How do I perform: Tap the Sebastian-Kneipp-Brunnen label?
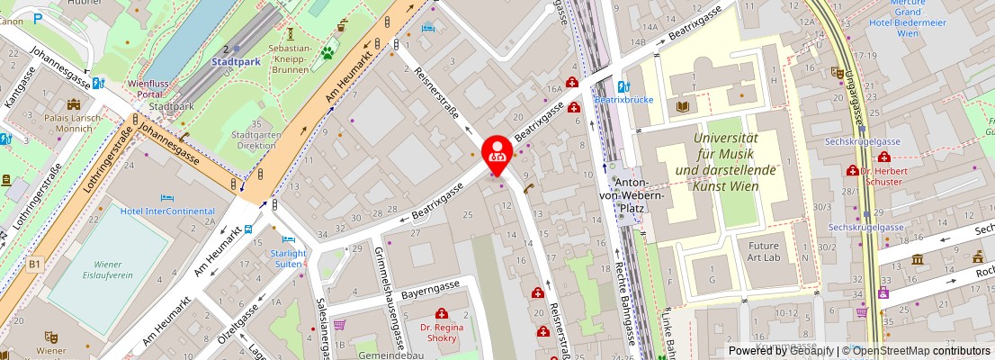[290, 59]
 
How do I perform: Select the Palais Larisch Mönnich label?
[67, 123]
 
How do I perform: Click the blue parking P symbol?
[38, 17]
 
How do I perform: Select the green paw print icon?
[327, 53]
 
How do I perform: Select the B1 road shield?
[35, 264]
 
